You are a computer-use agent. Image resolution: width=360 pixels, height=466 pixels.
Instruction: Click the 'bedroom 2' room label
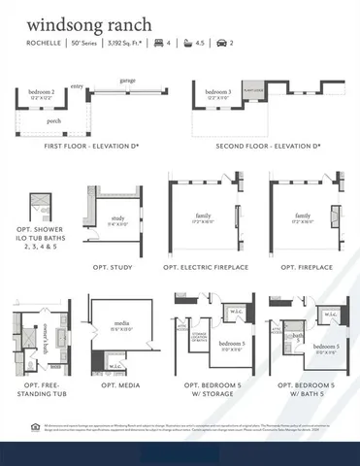41,92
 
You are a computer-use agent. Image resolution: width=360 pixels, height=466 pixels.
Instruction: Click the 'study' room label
118,218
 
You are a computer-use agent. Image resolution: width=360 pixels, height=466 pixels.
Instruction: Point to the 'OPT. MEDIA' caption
122,388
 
